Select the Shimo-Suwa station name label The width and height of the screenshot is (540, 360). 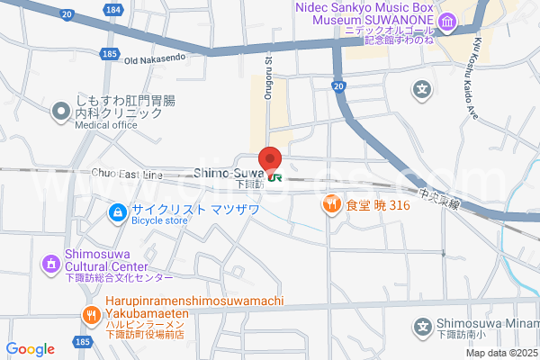click(x=228, y=173)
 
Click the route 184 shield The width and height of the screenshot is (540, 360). click(x=112, y=9)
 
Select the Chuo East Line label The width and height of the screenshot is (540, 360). click(x=127, y=173)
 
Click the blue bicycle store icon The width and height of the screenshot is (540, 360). click(x=116, y=212)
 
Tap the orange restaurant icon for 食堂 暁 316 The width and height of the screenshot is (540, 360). click(x=331, y=205)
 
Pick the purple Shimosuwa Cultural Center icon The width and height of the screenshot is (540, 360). click(x=50, y=265)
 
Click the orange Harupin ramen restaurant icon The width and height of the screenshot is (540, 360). click(x=91, y=315)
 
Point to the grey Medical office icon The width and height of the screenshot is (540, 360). click(x=61, y=112)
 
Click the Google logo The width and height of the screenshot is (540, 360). click(x=30, y=349)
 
